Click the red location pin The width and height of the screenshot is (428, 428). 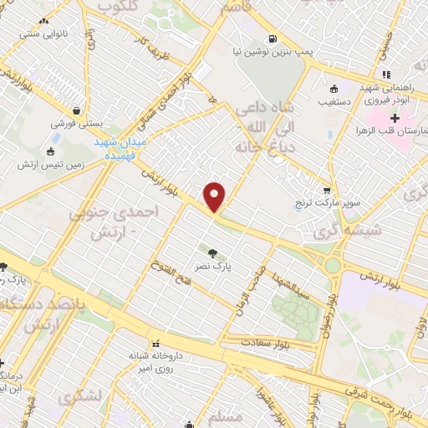[x=216, y=196]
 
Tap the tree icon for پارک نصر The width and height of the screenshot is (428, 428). [x=215, y=253]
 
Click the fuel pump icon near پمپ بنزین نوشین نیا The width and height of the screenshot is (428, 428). [x=273, y=38]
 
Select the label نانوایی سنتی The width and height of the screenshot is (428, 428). [x=64, y=36]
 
